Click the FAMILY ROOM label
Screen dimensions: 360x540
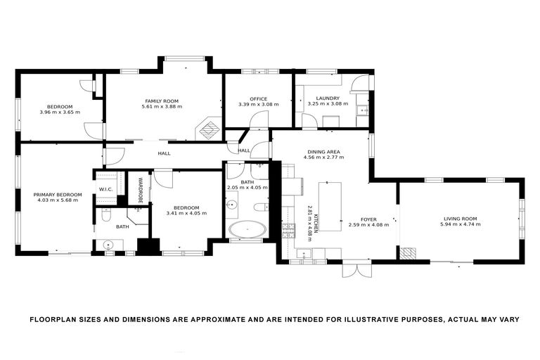click(x=161, y=101)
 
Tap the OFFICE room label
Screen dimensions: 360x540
click(x=258, y=98)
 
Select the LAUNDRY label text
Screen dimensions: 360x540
click(x=328, y=98)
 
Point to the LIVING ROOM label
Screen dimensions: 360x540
click(x=460, y=218)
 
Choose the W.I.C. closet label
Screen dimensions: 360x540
click(x=106, y=188)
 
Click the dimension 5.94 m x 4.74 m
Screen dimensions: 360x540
click(x=460, y=224)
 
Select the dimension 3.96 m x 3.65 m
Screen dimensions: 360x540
click(x=60, y=112)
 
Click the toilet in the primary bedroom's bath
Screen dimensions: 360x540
click(x=106, y=215)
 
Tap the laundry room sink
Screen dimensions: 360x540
click(x=362, y=110)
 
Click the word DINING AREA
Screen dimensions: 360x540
click(x=323, y=151)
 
